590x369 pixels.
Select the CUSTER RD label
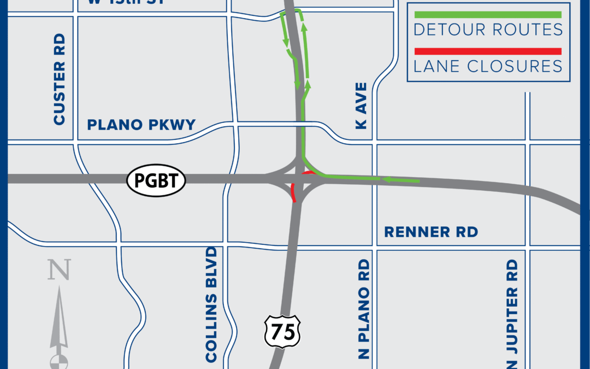coord(60,79)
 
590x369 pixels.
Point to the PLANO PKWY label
coord(141,125)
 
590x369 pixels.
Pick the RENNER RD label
coord(431,232)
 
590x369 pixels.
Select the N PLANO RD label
coord(364,308)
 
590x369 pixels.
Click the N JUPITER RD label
coord(512,312)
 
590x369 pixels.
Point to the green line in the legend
coord(488,15)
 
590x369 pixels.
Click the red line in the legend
coord(488,51)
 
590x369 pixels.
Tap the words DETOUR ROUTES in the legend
coord(488,30)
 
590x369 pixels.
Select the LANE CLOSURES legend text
coord(488,67)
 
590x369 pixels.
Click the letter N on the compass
coord(59,270)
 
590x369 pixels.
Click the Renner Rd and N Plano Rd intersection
coord(375,247)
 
